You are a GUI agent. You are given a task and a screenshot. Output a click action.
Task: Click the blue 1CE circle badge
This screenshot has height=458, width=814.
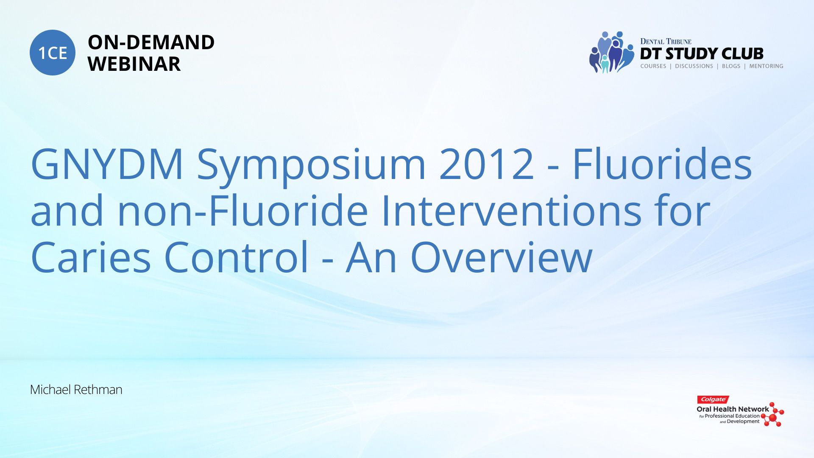53,53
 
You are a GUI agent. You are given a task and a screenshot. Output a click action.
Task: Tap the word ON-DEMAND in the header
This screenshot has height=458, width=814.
151,42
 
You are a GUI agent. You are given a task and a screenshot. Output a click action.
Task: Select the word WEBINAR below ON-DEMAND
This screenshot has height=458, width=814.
134,64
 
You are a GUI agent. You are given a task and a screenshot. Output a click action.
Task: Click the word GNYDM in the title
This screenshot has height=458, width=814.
107,164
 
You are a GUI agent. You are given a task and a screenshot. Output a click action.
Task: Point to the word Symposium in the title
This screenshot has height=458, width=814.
312,167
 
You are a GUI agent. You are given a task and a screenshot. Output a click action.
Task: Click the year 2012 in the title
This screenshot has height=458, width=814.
487,164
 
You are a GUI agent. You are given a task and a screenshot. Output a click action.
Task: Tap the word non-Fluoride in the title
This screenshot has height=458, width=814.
243,210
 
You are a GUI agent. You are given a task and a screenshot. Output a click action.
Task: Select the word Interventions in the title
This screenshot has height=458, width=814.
511,210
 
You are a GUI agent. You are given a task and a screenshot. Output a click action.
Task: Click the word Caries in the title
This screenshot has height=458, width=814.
91,257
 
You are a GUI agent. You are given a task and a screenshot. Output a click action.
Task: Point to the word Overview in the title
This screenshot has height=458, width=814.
501,257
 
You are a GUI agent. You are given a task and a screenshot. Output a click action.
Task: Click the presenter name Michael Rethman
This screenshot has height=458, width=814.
76,390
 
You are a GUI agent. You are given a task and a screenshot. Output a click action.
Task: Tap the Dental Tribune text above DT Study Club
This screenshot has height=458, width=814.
666,42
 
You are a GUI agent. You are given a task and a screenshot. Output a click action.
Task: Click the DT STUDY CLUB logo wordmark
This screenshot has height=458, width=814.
702,54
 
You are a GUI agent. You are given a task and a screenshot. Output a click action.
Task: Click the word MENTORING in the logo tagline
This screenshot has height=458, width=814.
766,66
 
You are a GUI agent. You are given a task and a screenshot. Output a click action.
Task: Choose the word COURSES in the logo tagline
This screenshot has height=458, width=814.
653,66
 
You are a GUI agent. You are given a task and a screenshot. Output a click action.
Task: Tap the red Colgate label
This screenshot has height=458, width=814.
713,399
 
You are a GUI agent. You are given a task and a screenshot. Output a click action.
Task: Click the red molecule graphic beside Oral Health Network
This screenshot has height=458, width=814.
772,414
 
